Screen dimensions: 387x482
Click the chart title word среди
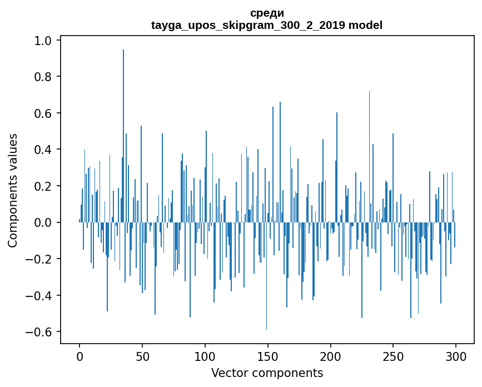click(267, 13)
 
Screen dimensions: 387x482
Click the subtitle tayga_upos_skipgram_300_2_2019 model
click(267, 25)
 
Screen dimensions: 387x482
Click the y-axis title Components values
click(13, 190)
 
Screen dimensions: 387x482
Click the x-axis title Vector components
click(267, 373)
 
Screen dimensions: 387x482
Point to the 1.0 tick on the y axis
click(43, 41)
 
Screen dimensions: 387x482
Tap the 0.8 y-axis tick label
click(43, 77)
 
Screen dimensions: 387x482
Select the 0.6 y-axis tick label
click(43, 113)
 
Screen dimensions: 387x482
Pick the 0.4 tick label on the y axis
click(43, 150)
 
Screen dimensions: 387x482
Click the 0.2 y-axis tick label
click(43, 186)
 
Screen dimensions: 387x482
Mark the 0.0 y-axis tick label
click(43, 222)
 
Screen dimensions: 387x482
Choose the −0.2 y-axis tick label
click(40, 259)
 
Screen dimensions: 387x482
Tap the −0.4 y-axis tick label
click(40, 295)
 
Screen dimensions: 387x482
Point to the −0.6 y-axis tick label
click(40, 332)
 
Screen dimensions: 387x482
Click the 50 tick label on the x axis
click(142, 356)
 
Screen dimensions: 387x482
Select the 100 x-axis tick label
click(205, 356)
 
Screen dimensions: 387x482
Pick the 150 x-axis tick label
click(267, 356)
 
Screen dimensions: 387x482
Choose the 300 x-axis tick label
click(456, 356)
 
